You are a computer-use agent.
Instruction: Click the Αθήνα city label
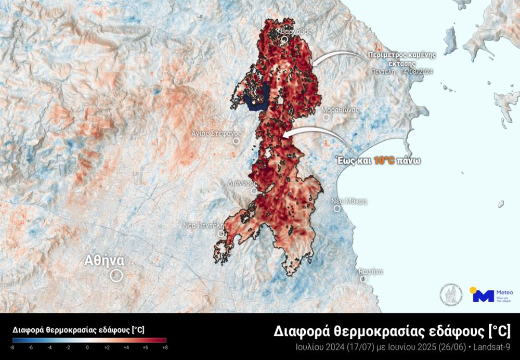coord(105,260)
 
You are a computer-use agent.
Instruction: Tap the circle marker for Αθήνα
coord(116,275)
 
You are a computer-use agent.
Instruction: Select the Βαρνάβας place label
coord(296,31)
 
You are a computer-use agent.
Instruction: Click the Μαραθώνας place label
coord(340,110)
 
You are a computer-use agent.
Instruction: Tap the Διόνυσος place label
coord(243,183)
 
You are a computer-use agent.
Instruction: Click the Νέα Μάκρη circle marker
coord(337,209)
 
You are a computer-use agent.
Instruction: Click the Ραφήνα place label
coord(371,272)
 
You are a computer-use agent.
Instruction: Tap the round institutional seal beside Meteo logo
coord(451,294)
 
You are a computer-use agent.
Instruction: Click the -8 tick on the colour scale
coord(12,347)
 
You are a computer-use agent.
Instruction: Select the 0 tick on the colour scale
coord(87,347)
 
